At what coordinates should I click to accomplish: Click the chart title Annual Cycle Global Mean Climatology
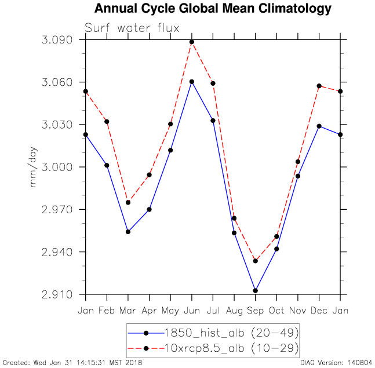(213, 9)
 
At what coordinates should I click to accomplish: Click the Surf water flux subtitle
(132, 28)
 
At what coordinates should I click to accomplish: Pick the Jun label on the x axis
(191, 311)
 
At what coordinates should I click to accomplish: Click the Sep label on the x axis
(255, 311)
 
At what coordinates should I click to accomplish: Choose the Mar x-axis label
(128, 311)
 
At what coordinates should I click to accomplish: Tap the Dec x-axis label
(319, 311)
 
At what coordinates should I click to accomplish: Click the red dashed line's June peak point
(191, 42)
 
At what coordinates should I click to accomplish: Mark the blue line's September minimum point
(255, 290)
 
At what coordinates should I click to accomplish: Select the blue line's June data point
(191, 82)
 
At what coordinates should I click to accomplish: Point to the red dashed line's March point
(128, 202)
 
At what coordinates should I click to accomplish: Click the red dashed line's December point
(319, 86)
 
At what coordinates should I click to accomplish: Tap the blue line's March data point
(128, 232)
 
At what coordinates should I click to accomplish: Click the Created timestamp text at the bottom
(72, 363)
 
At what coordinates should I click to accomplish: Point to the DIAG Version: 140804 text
(336, 363)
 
